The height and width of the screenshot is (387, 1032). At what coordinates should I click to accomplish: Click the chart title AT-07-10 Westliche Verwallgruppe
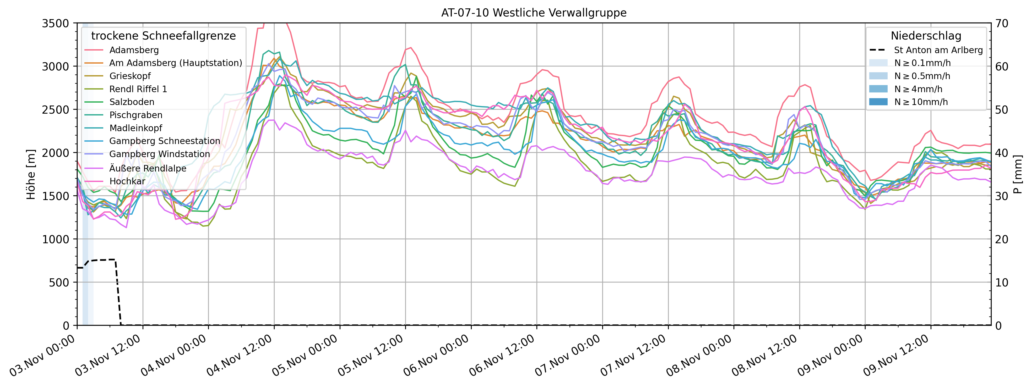click(x=534, y=13)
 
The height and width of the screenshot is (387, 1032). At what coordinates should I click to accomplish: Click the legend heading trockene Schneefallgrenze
click(x=164, y=36)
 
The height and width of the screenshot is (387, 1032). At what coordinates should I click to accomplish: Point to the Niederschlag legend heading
click(x=926, y=36)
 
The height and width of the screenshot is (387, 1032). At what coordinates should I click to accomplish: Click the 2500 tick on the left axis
click(x=55, y=110)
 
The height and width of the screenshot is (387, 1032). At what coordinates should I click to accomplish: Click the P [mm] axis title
click(x=1018, y=174)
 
